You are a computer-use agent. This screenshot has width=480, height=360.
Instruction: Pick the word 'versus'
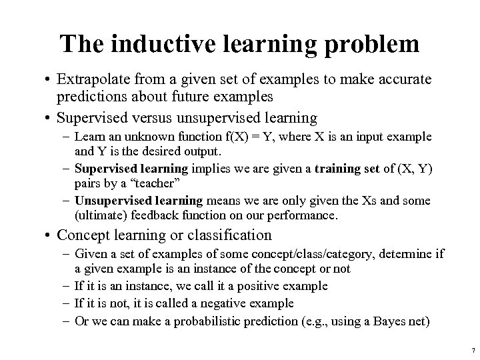pos(175,118)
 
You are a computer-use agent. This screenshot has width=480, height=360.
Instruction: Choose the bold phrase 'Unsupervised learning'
pos(139,201)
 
